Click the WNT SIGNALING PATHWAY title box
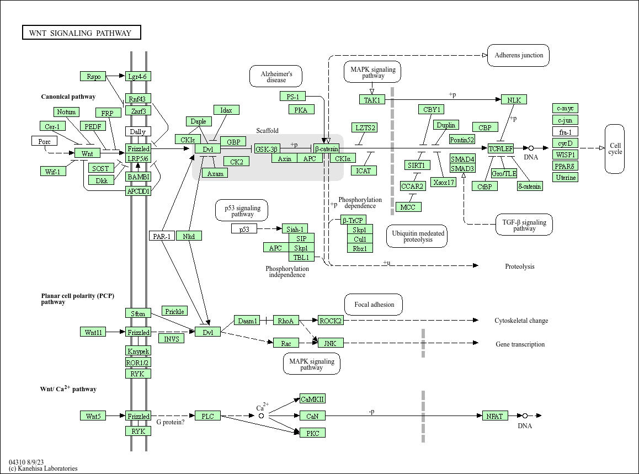[x=81, y=33]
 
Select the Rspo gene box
[x=93, y=76]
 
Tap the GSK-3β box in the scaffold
[x=267, y=149]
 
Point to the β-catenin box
[x=326, y=149]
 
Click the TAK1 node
[x=372, y=100]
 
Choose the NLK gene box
[x=514, y=100]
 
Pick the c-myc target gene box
[x=565, y=108]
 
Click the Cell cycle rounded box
[x=615, y=149]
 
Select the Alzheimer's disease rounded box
[x=276, y=77]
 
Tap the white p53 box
[x=244, y=229]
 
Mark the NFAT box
[x=494, y=416]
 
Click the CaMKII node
[x=312, y=399]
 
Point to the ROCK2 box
[x=331, y=321]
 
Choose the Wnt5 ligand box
[x=93, y=416]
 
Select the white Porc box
[x=44, y=141]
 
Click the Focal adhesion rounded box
[x=374, y=305]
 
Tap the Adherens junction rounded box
[x=518, y=55]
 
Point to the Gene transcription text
[x=520, y=344]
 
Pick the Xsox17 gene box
[x=444, y=182]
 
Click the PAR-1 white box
[x=162, y=236]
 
